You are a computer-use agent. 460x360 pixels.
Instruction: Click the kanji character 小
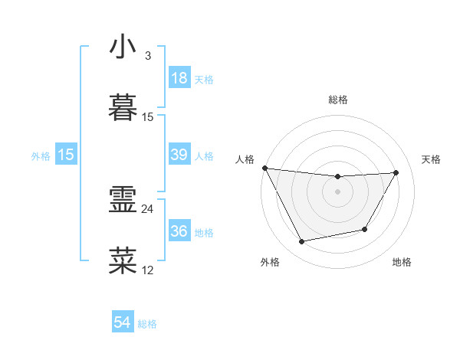click(x=123, y=47)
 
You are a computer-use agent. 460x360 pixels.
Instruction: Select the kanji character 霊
click(x=123, y=200)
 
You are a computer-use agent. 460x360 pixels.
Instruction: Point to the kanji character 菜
click(x=123, y=260)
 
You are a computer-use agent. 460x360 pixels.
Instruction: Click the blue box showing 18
click(x=179, y=77)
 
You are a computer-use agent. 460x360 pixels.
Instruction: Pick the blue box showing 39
click(x=179, y=155)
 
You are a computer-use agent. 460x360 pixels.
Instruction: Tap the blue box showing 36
click(x=179, y=231)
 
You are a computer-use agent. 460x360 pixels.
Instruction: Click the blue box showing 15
click(x=66, y=155)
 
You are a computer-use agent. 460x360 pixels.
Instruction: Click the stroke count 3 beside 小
click(x=148, y=56)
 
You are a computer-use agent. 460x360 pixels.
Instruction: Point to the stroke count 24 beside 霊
click(x=148, y=208)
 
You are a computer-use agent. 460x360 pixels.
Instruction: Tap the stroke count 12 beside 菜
click(x=148, y=269)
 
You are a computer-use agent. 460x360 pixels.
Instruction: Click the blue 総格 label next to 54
click(x=147, y=324)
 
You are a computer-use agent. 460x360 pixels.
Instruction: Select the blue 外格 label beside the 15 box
click(x=41, y=156)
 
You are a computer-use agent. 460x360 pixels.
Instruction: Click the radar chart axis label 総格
click(x=338, y=100)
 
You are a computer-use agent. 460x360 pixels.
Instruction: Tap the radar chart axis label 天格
click(x=432, y=159)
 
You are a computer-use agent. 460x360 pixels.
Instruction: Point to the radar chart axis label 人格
click(x=245, y=159)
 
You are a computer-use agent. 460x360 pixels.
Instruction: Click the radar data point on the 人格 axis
click(x=265, y=168)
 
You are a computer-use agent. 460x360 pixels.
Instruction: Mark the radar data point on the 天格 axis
click(x=396, y=173)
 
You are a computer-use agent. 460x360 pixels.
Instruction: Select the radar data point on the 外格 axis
click(x=302, y=242)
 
